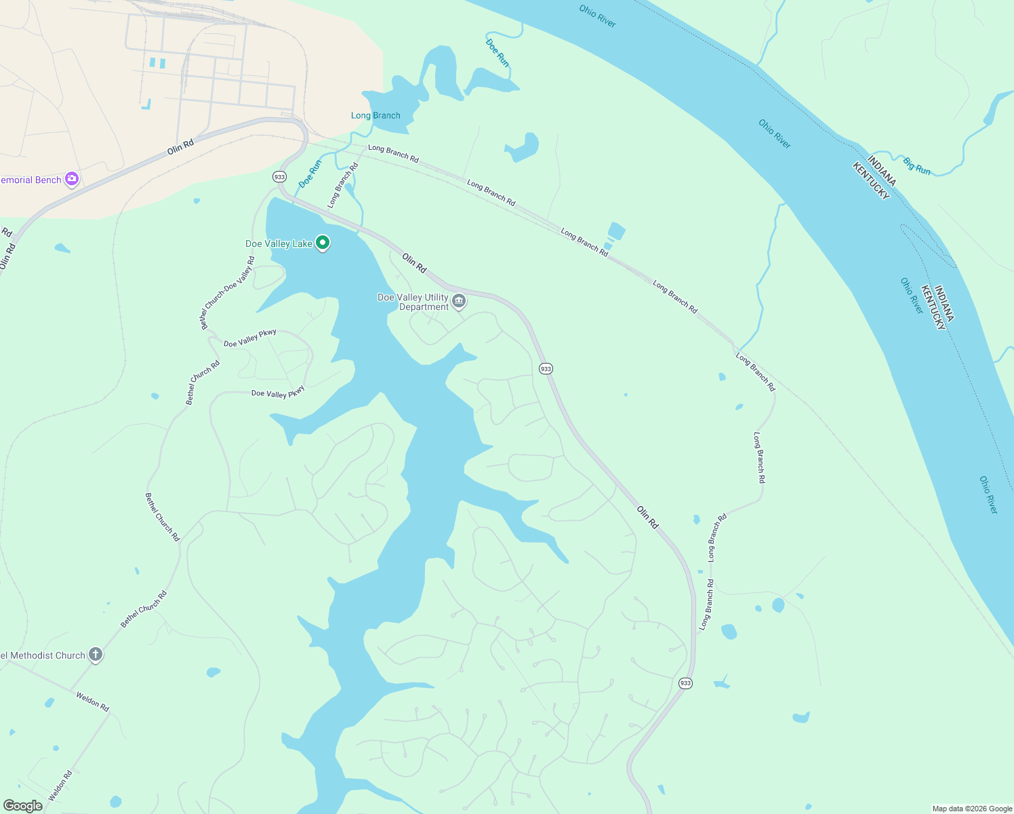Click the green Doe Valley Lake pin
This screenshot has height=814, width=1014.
click(323, 242)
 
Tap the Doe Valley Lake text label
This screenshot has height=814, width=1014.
click(279, 244)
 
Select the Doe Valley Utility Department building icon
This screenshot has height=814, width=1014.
click(459, 301)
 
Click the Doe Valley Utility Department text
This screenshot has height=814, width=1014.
click(413, 302)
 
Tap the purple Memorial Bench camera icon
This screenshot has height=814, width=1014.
click(72, 179)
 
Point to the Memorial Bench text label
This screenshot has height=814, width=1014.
click(31, 180)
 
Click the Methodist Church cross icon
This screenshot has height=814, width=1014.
click(96, 655)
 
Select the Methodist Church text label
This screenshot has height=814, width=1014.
click(43, 655)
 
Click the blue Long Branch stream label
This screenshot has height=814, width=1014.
click(376, 115)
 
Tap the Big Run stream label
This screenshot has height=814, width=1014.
click(917, 166)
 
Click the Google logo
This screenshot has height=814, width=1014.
click(23, 805)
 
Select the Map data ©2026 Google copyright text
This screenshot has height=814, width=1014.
click(972, 809)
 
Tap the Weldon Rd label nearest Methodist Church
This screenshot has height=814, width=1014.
click(92, 701)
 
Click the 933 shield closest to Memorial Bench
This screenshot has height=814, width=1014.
click(279, 176)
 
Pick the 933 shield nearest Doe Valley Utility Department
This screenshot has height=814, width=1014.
click(546, 368)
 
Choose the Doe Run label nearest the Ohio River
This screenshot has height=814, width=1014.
click(498, 52)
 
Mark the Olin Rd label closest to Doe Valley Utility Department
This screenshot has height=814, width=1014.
click(414, 263)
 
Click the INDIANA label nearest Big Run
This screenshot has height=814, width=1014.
click(882, 170)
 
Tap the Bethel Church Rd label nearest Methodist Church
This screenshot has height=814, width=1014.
click(144, 609)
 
